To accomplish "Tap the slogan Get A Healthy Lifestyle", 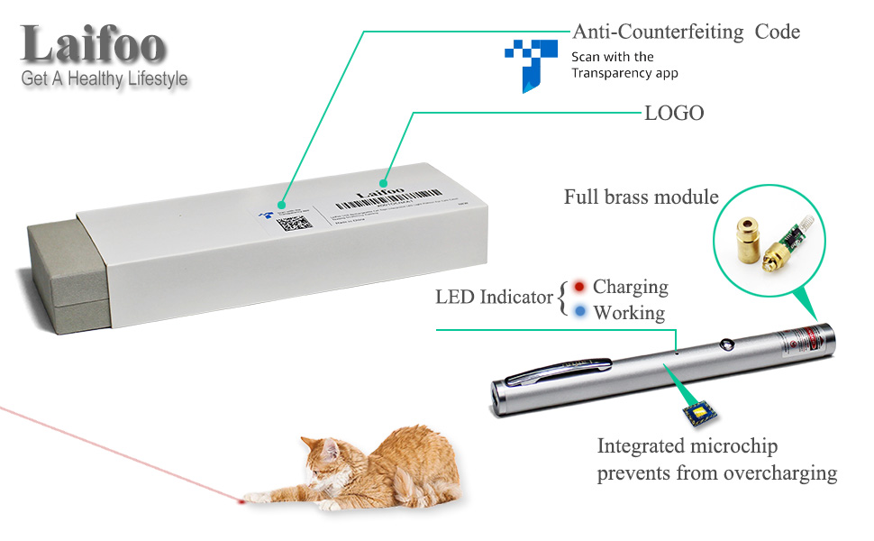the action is pyautogui.click(x=105, y=79).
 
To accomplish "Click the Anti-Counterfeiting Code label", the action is pyautogui.click(x=687, y=32).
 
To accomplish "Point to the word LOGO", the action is pyautogui.click(x=674, y=114).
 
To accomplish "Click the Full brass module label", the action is pyautogui.click(x=641, y=197).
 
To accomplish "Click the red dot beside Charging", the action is pyautogui.click(x=579, y=288).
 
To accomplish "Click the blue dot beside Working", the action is pyautogui.click(x=579, y=313).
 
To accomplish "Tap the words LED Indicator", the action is pyautogui.click(x=494, y=297).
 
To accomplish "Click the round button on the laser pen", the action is pyautogui.click(x=724, y=344).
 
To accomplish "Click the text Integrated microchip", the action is pyautogui.click(x=687, y=446).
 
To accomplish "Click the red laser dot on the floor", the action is pyautogui.click(x=241, y=498).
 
